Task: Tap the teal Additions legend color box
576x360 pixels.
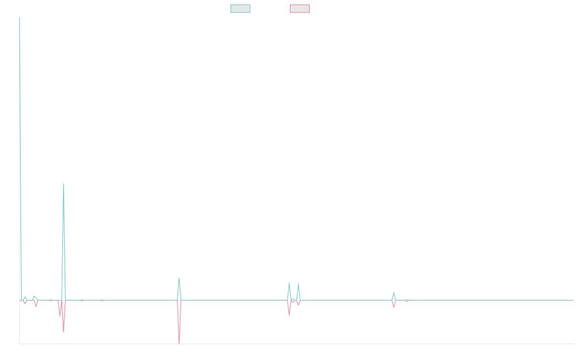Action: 240,9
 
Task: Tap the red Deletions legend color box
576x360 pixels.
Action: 300,9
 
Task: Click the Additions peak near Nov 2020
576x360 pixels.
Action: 63,184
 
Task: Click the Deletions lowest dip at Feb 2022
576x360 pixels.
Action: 179,343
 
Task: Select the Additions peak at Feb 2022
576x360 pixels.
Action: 179,278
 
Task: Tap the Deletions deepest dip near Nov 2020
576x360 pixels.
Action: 63,332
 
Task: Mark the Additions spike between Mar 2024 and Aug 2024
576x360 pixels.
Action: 394,292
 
